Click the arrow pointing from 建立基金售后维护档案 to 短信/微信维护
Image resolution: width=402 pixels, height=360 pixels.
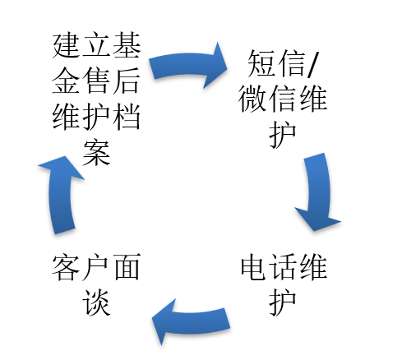[187, 64]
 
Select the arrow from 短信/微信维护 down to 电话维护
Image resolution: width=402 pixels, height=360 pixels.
[319, 192]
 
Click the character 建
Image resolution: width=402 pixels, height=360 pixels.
[66, 45]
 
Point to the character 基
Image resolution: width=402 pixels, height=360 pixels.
[127, 45]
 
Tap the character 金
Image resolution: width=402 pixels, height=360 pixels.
[66, 81]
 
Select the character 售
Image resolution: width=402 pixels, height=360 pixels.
[96, 81]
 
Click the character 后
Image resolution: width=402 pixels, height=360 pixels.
[127, 81]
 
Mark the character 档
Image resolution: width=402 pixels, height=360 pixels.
[127, 117]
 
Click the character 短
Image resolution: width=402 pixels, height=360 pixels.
[261, 63]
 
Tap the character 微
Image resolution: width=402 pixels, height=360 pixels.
[253, 99]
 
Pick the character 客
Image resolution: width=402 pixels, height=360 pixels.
[66, 267]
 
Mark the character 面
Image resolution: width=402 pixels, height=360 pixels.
[127, 267]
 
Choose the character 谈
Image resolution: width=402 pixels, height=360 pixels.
[96, 302]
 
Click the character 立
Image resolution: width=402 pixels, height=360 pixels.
[96, 45]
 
